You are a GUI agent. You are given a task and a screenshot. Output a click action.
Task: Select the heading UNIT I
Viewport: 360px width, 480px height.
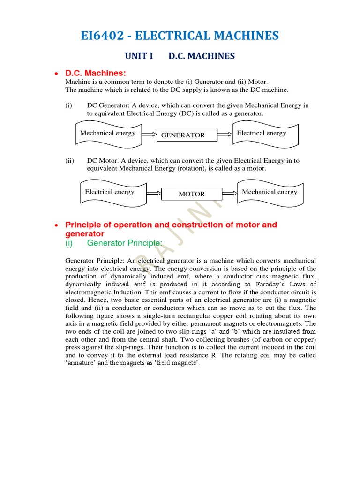(x=139, y=56)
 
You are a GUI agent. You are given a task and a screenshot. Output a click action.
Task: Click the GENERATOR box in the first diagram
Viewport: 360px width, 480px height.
(x=186, y=135)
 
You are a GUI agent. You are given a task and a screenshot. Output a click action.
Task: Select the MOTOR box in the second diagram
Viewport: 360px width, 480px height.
(x=192, y=194)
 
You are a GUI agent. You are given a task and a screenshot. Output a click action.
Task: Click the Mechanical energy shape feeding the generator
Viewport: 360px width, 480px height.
(x=108, y=133)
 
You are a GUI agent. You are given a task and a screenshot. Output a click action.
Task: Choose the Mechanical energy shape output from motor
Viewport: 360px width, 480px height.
(x=270, y=192)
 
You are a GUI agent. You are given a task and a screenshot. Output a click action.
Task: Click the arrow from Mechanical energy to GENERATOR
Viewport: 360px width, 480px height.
(x=149, y=134)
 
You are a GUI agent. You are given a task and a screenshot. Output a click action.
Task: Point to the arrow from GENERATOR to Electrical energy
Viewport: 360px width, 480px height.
(x=225, y=134)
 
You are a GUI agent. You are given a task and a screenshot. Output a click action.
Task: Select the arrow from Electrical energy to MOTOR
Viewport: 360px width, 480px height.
(x=154, y=193)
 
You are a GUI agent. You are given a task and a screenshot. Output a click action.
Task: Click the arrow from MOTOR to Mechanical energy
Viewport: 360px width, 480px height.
(x=230, y=193)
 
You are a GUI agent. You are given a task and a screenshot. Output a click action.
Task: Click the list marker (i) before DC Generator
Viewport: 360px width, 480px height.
(x=69, y=105)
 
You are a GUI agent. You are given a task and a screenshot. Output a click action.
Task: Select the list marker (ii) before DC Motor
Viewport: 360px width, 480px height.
(x=70, y=160)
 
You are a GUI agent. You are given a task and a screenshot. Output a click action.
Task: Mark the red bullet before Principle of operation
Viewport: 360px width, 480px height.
(x=56, y=225)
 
